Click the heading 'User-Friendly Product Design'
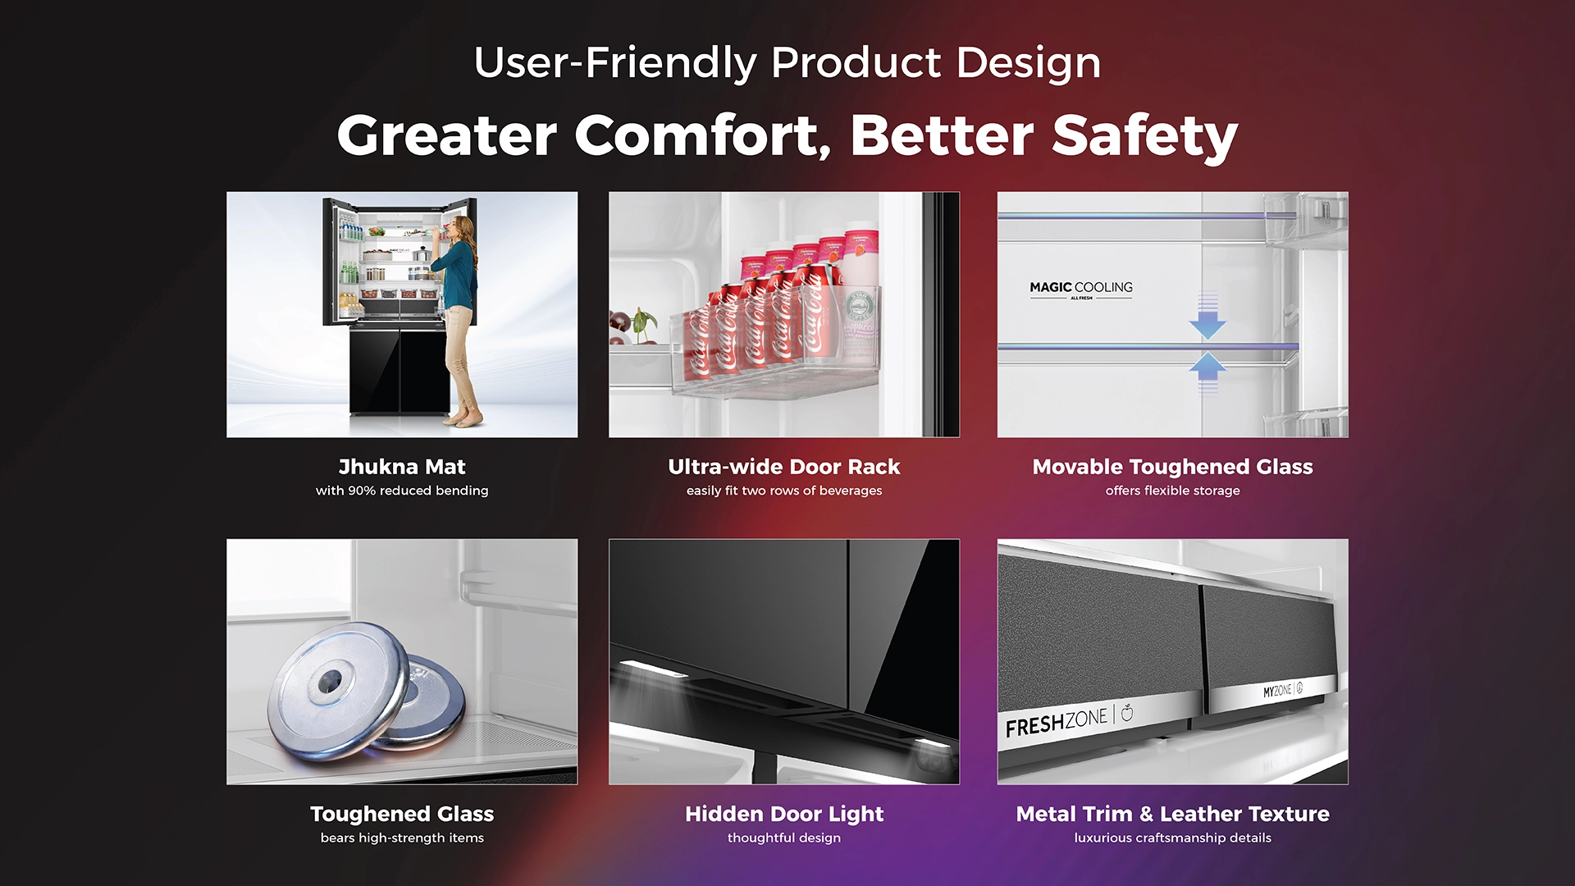click(787, 63)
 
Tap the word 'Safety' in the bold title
click(1145, 135)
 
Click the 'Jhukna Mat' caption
click(402, 467)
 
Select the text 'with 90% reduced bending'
click(402, 491)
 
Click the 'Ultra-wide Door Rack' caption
click(784, 467)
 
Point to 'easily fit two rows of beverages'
click(784, 491)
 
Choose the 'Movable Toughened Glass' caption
click(1173, 467)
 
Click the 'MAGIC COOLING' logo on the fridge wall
click(1081, 289)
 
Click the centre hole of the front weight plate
click(331, 678)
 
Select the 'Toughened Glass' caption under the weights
click(402, 814)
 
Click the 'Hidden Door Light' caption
click(784, 814)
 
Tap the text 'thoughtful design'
click(784, 838)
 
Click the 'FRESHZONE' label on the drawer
click(1057, 723)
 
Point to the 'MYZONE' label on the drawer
click(1277, 692)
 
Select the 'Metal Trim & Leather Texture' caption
click(1173, 814)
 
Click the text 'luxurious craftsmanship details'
click(1173, 838)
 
